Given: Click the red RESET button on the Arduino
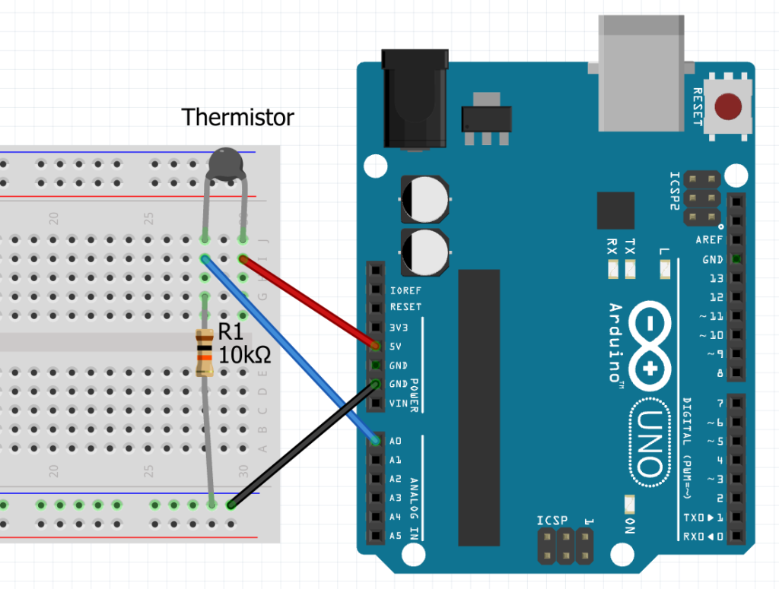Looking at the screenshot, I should (729, 106).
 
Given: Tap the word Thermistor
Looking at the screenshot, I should (237, 117).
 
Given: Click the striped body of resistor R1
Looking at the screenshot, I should (204, 353).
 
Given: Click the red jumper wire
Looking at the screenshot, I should (308, 302).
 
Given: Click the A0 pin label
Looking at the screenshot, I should (396, 441).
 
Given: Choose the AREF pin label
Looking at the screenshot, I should (709, 240).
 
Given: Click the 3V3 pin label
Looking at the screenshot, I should (399, 327).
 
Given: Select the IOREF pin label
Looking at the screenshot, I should (405, 290).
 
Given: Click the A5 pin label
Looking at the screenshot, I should (396, 536).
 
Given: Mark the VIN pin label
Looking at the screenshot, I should (399, 403).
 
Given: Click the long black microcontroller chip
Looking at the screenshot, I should (479, 407).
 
